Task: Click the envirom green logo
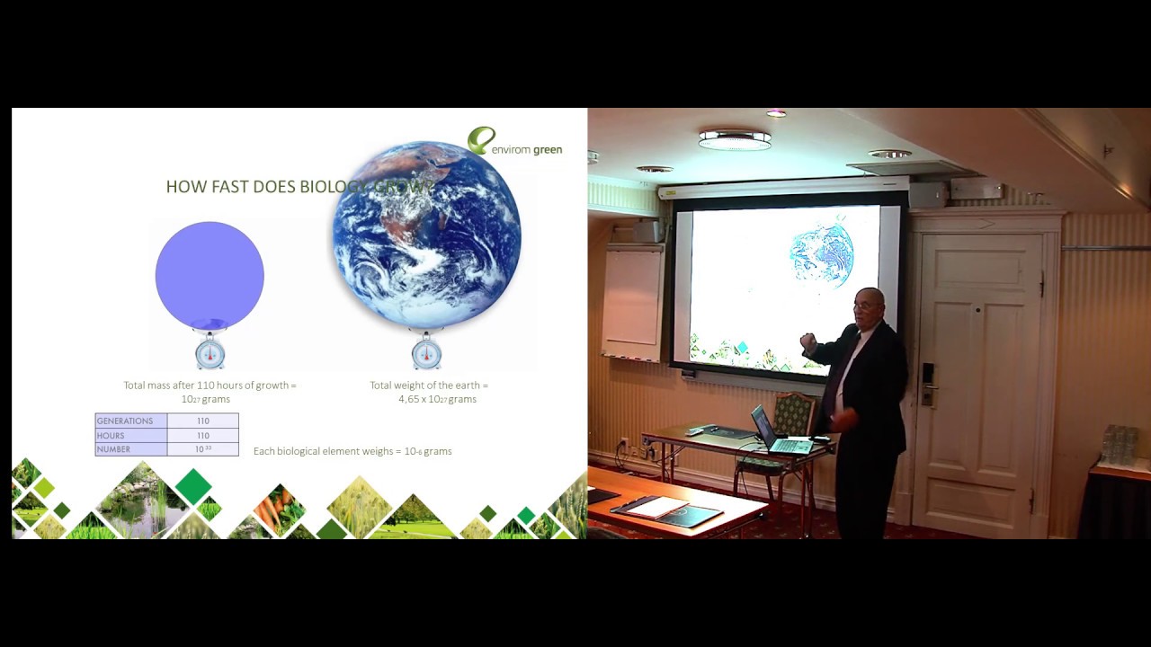pyautogui.click(x=514, y=143)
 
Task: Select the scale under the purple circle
pyautogui.click(x=210, y=351)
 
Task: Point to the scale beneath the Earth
pyautogui.click(x=426, y=351)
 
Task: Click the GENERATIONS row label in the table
pyautogui.click(x=125, y=421)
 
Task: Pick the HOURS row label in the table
pyautogui.click(x=112, y=435)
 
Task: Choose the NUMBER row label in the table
pyautogui.click(x=114, y=449)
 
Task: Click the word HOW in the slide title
pyautogui.click(x=180, y=187)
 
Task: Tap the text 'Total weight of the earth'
pyautogui.click(x=429, y=386)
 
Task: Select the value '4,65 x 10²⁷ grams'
pyautogui.click(x=437, y=399)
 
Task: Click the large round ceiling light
pyautogui.click(x=735, y=139)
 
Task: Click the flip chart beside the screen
pyautogui.click(x=633, y=302)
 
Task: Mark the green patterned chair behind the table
pyautogui.click(x=792, y=415)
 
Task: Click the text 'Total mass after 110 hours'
pyautogui.click(x=210, y=386)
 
